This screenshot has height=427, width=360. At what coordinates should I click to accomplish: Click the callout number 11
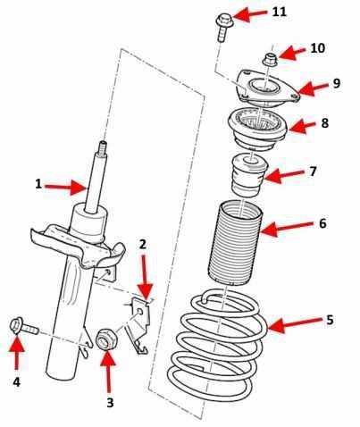coord(279,12)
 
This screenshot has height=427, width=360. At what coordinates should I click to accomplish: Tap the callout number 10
coord(317,48)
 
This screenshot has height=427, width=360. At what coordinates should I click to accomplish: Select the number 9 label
coord(336,83)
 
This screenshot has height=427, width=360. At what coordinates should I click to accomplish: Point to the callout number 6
coord(322,223)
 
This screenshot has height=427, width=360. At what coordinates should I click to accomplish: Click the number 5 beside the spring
coord(330,320)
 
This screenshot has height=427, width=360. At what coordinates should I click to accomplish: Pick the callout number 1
coord(38,184)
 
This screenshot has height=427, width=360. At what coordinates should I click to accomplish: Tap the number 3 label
coord(110,403)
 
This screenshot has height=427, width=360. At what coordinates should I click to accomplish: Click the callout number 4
coord(17,381)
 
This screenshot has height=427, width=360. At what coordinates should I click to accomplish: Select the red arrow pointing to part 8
coord(301,126)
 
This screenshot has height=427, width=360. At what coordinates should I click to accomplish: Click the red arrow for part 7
coord(284,176)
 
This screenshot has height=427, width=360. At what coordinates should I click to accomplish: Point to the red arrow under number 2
coord(145,277)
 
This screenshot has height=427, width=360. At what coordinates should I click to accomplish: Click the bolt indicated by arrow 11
coord(222,28)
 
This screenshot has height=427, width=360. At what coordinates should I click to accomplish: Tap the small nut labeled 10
coord(270,59)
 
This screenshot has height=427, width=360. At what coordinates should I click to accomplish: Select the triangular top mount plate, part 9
coord(268,88)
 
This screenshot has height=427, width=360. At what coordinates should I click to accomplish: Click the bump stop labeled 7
coord(249,175)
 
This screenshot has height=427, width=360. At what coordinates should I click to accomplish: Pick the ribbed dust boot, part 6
coord(235,243)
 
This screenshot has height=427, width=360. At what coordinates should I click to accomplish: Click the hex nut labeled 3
coord(107,339)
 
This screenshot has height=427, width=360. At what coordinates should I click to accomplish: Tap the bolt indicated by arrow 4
coord(24,327)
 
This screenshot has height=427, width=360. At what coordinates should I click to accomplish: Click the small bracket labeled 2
coord(138,324)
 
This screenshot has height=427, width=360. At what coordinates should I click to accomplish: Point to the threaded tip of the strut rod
coord(103,147)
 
